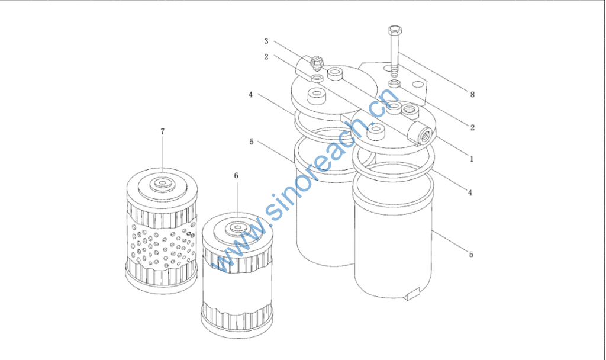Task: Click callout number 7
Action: pos(162,132)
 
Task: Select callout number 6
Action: pos(236,176)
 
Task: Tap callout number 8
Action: pos(472,94)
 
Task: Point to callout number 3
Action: pos(266,41)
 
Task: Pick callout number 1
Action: pos(472,159)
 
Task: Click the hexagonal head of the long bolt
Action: pos(395,30)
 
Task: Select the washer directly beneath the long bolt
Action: pos(394,83)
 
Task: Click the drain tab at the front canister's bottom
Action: pos(412,293)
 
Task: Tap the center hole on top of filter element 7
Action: pos(162,182)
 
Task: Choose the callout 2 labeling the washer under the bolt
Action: pos(472,128)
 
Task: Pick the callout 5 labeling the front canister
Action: pos(471,255)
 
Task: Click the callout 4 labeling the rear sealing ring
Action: pos(250,95)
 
